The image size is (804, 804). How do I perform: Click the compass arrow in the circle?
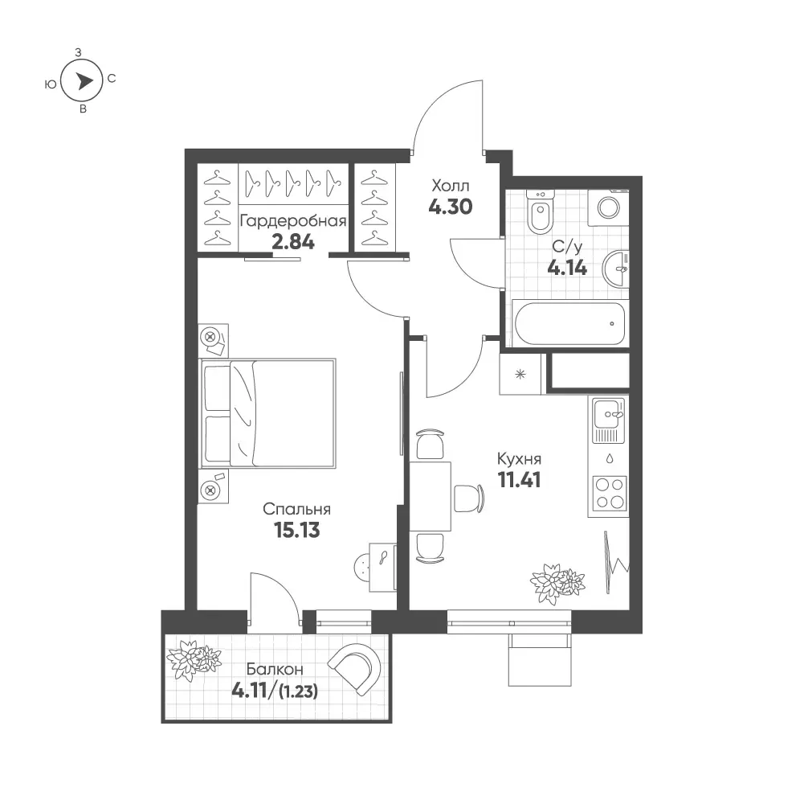click(x=84, y=80)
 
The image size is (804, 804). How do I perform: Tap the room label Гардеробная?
click(x=293, y=221)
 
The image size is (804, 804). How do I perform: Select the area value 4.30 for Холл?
click(x=451, y=207)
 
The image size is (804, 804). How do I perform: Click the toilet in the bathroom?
click(x=540, y=211)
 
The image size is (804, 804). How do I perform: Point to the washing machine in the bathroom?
click(x=609, y=208)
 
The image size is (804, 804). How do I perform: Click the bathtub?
click(x=569, y=323)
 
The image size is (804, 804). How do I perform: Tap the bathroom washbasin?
click(x=615, y=269)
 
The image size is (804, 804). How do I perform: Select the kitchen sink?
click(x=609, y=420)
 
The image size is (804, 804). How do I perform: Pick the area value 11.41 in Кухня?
click(x=519, y=479)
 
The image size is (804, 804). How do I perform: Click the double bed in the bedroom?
click(x=267, y=413)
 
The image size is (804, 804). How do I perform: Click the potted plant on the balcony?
click(x=194, y=658)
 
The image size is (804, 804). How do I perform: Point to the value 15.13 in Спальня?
click(x=297, y=530)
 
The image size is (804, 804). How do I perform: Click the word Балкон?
click(x=275, y=670)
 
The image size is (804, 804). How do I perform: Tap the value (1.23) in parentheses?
click(x=298, y=692)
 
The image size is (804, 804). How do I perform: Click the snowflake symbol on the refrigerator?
click(x=520, y=375)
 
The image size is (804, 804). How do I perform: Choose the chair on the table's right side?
click(x=469, y=498)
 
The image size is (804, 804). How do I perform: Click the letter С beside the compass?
click(x=112, y=79)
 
